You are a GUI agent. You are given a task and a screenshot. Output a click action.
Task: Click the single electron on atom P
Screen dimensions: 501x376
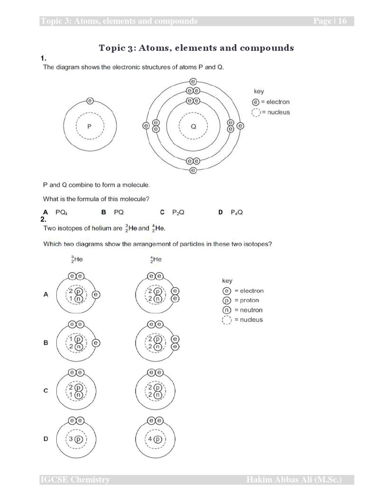click(90, 101)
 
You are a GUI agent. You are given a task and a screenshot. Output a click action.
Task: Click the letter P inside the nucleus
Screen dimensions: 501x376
click(89, 126)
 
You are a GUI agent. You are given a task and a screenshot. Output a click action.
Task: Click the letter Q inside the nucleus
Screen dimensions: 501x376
click(193, 126)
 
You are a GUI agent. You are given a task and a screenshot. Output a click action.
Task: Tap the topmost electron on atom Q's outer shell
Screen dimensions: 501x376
click(193, 82)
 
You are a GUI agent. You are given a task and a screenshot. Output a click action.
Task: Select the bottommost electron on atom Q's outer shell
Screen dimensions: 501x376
click(193, 170)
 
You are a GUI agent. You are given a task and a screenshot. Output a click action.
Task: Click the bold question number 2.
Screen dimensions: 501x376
click(44, 220)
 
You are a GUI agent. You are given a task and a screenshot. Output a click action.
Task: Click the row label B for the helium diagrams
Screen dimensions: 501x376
click(46, 343)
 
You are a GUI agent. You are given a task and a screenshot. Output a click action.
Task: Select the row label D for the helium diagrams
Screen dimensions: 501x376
click(46, 439)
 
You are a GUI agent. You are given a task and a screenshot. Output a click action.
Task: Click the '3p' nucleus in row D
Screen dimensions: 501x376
click(76, 439)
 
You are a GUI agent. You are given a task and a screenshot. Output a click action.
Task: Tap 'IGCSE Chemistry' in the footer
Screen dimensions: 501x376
click(75, 480)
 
